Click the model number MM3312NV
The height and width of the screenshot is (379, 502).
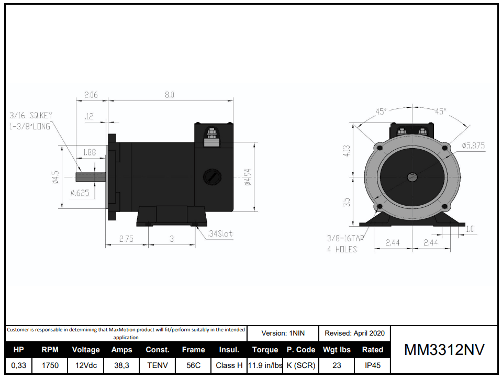coord(444,350)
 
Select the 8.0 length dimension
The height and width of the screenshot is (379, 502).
coord(169,95)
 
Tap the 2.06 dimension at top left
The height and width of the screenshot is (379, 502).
coord(91,95)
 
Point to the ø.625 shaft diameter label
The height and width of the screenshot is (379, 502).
coord(80,193)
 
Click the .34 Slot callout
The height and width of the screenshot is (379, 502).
coord(220,234)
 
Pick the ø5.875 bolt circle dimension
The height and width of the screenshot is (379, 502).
coord(473,146)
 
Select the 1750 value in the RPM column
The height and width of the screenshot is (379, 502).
coord(50,365)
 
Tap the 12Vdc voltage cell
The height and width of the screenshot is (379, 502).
coord(86,365)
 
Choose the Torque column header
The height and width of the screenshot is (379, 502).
coord(265,350)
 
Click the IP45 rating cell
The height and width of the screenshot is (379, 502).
coord(372,365)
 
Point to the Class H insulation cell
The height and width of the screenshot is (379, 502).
coord(229,365)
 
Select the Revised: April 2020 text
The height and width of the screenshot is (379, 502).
coord(354,333)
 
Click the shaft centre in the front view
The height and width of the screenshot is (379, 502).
coord(412,177)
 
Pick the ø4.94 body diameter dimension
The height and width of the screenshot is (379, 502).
coord(248,177)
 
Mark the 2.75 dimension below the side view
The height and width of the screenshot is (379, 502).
coord(126,239)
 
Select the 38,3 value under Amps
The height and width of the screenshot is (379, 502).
coord(121,365)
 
